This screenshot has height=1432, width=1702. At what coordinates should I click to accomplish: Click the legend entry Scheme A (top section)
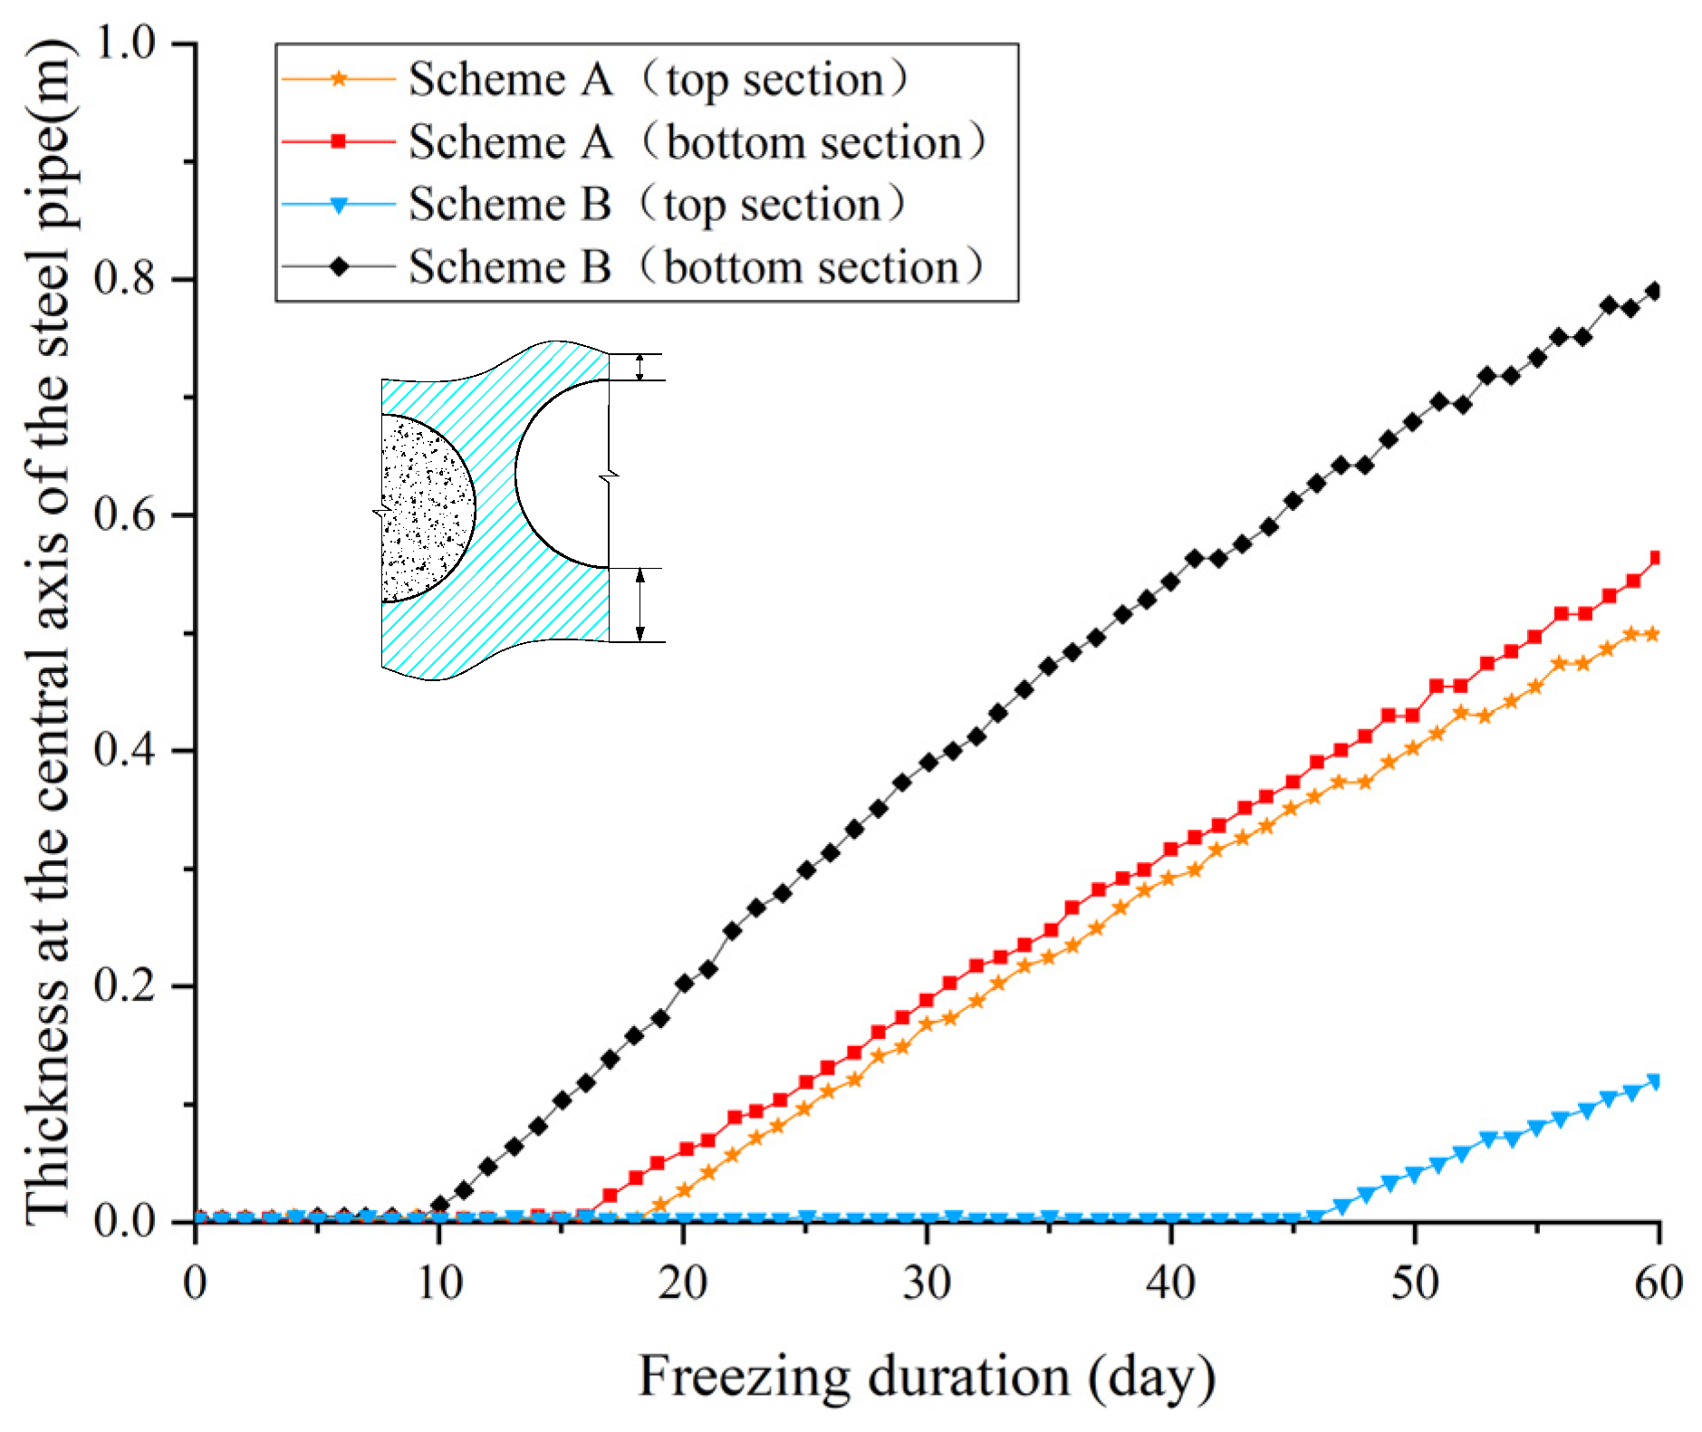(656, 80)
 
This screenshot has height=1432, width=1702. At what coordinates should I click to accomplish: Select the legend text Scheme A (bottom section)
(696, 142)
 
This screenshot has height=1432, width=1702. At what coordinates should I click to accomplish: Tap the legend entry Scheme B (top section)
(656, 204)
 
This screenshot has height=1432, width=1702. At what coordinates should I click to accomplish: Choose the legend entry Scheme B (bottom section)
(694, 266)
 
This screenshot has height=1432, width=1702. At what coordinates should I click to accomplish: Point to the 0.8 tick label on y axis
(128, 279)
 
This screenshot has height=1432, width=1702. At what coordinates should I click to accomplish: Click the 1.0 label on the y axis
(128, 43)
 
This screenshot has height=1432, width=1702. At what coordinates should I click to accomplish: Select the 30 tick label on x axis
(927, 1283)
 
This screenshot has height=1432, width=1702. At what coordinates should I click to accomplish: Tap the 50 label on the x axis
(1414, 1283)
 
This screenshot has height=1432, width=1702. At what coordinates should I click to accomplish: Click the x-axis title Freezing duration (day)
(927, 1376)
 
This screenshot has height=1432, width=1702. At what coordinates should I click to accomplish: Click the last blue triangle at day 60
(1655, 1081)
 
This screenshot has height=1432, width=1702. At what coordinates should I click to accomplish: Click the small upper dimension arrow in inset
(639, 367)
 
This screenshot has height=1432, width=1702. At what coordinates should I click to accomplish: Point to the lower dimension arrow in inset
(639, 605)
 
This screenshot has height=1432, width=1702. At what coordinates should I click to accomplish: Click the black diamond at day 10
(440, 1205)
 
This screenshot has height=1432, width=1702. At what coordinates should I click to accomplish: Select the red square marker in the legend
(338, 141)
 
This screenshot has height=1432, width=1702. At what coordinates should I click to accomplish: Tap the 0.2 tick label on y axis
(128, 985)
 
